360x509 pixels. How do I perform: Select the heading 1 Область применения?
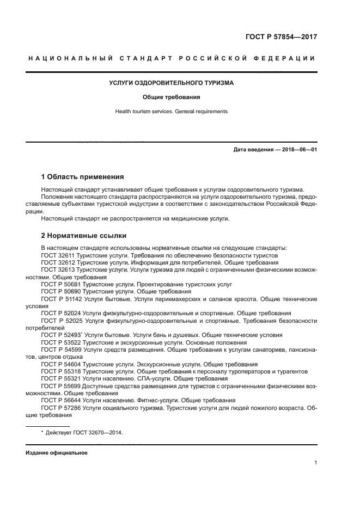[82, 177]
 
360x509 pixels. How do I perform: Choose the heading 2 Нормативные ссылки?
[84, 236]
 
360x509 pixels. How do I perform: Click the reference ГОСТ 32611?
[58, 255]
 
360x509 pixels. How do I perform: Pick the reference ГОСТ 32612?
[58, 262]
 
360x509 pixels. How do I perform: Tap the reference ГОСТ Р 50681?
[60, 284]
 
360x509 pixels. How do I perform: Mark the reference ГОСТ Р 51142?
[61, 299]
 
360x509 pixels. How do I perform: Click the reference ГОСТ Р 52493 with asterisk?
[61, 335]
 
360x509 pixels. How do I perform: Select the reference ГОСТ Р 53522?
[60, 342]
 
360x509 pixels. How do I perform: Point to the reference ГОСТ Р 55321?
[60, 378]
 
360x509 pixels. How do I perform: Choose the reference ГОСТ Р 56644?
[60, 400]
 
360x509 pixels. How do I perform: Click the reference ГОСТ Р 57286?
[61, 407]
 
